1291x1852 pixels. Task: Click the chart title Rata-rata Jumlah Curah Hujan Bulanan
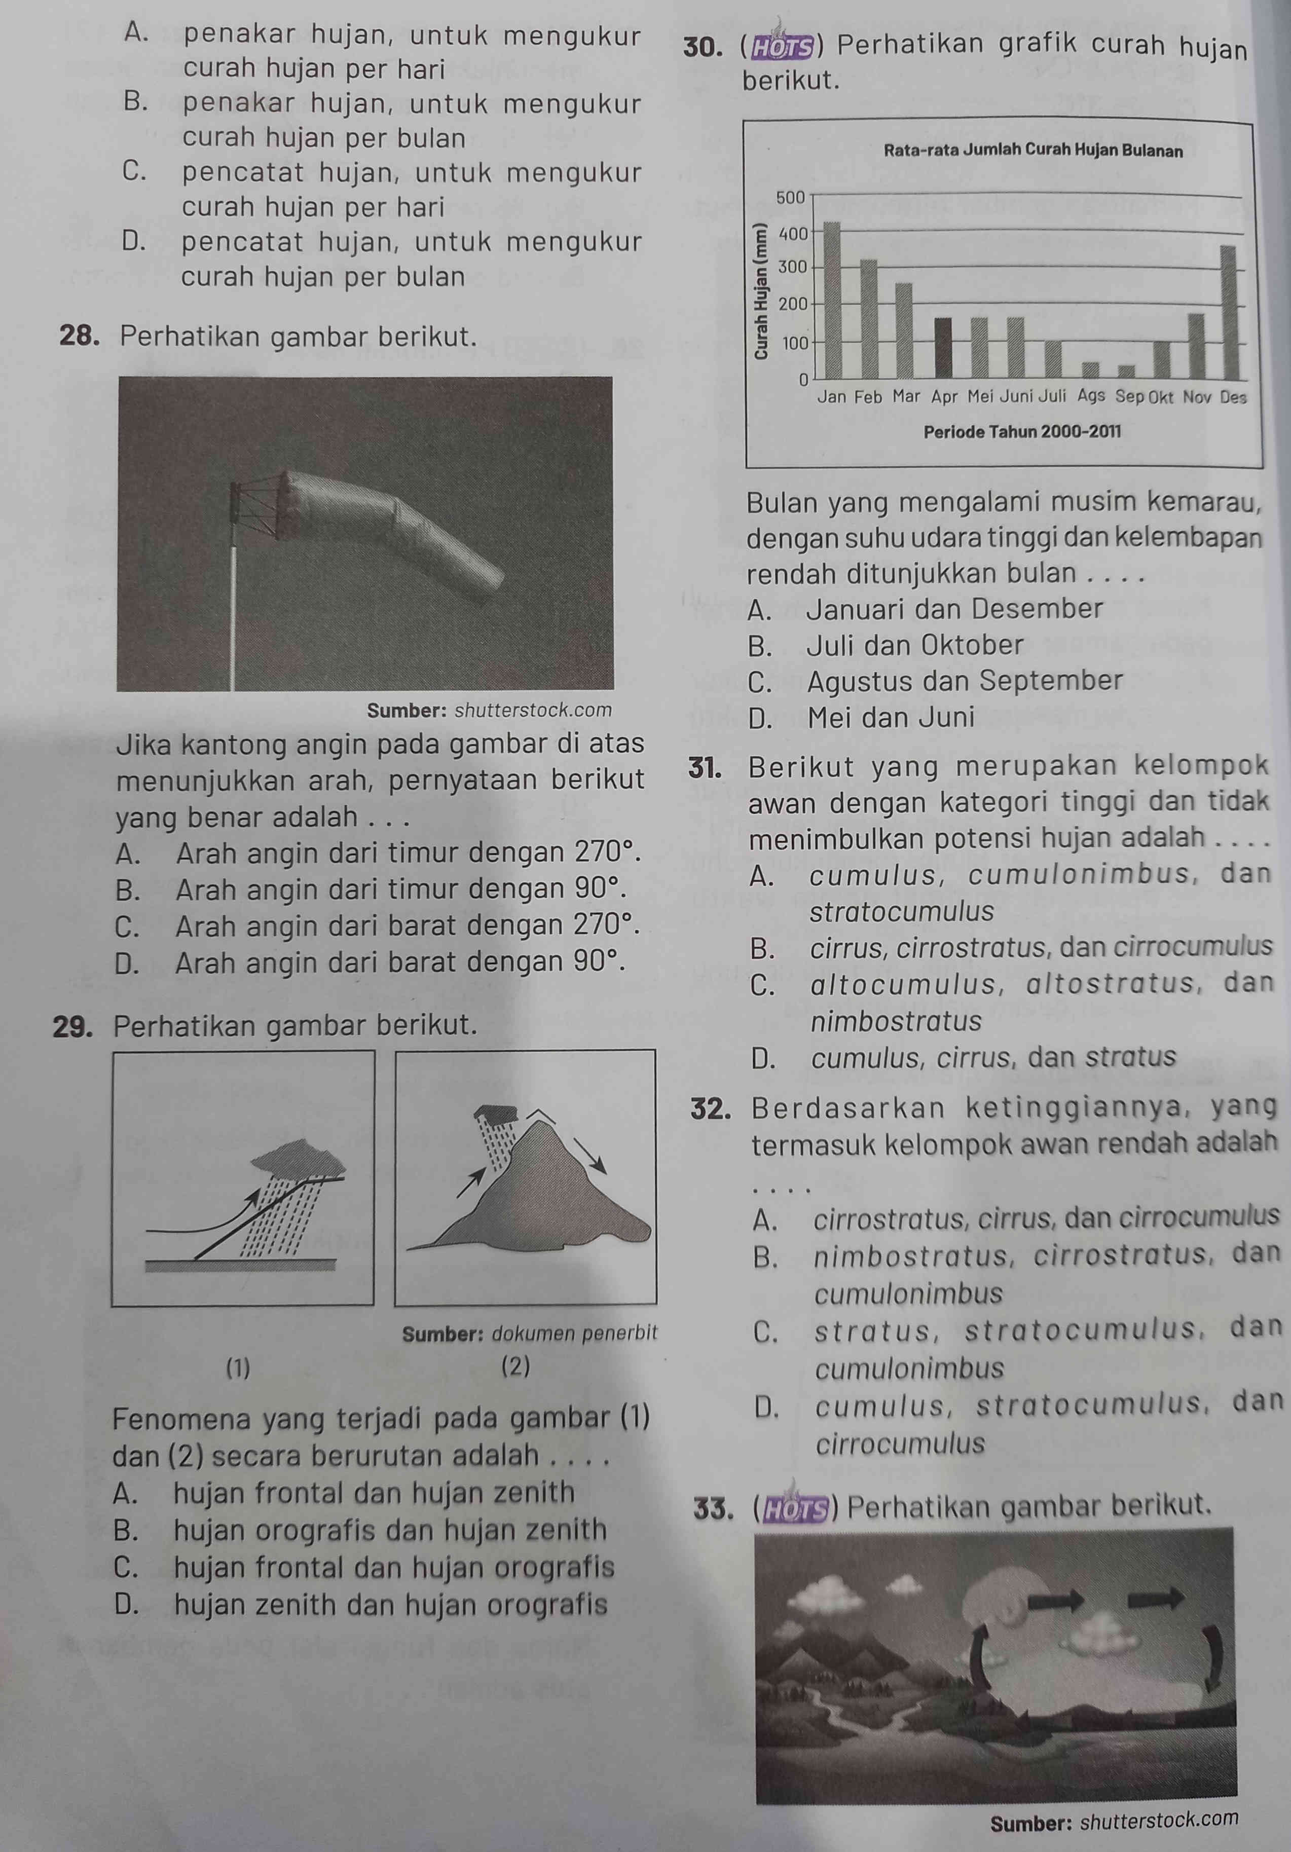click(1034, 152)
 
